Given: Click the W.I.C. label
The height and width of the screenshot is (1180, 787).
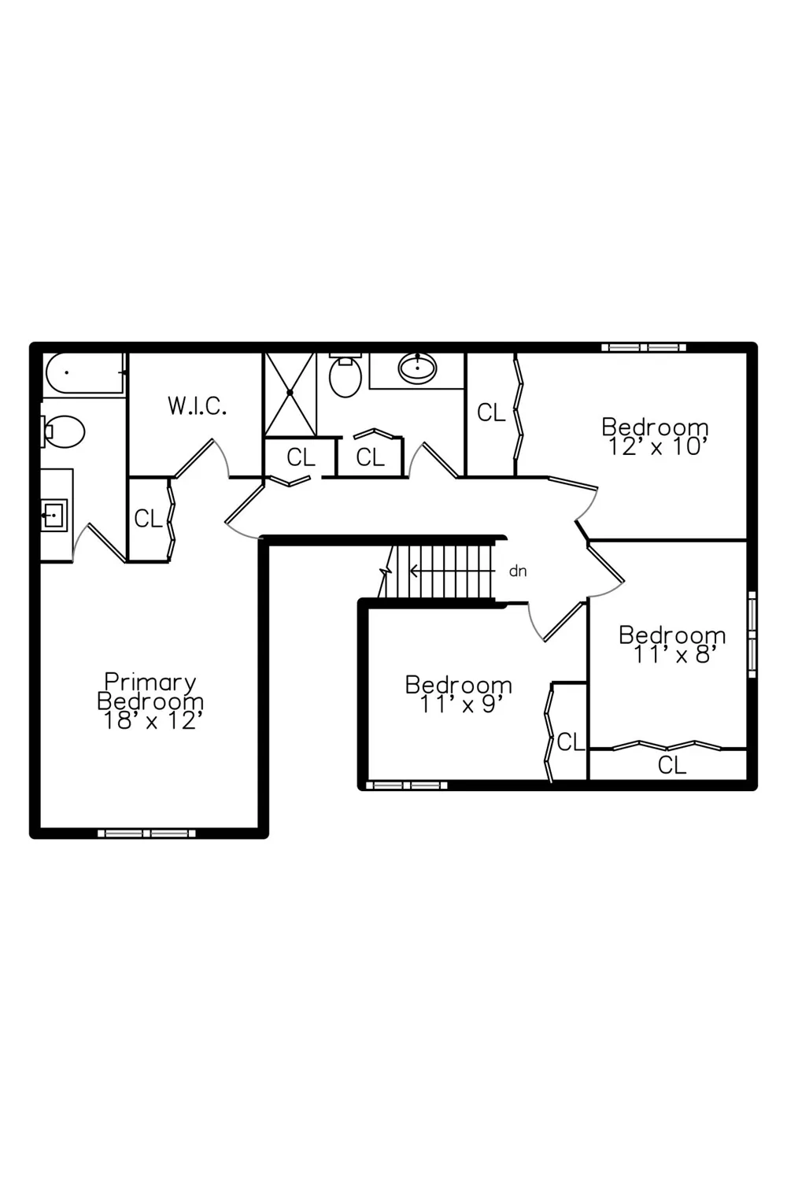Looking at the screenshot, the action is click(197, 406).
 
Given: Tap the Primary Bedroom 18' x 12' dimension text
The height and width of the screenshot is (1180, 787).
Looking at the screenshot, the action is click(150, 720).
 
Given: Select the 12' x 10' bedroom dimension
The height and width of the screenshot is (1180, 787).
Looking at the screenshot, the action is click(656, 446).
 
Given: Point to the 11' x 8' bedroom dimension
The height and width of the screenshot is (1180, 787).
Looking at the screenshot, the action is click(674, 655).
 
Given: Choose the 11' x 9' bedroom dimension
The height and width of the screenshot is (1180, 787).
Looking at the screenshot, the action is click(458, 705).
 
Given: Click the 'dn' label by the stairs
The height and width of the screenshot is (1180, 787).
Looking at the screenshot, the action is click(518, 571).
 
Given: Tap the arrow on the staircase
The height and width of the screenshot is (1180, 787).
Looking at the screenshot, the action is click(452, 571).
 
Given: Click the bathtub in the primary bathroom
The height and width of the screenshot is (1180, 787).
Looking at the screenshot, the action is click(84, 373).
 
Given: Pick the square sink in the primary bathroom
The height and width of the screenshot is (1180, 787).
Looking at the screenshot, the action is click(54, 515).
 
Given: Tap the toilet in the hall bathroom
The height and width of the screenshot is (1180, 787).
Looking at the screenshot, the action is click(345, 375).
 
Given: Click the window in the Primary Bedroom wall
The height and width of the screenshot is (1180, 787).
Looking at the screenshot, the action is click(146, 834).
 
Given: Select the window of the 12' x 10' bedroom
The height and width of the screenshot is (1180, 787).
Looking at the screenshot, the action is click(644, 348).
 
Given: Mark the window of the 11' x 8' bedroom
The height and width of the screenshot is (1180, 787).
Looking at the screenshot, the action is click(752, 634).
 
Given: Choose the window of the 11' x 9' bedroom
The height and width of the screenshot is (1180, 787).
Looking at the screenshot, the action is click(406, 786).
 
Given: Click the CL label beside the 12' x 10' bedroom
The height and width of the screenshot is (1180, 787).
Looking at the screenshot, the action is click(491, 413).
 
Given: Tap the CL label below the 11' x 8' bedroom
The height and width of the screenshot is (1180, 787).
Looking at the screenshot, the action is click(671, 765).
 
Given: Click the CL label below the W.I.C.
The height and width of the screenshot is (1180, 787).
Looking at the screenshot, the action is click(148, 519).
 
